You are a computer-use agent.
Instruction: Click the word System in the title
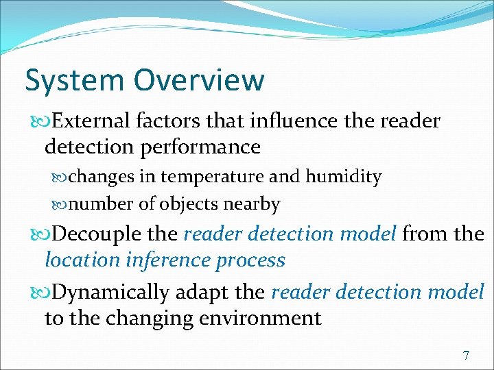(x=75, y=81)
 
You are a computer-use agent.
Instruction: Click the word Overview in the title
(x=199, y=79)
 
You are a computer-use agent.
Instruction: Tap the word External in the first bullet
(x=91, y=121)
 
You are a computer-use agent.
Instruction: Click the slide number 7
(x=467, y=356)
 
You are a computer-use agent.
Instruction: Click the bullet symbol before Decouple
(x=42, y=235)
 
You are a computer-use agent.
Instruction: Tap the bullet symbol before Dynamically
(x=42, y=293)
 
